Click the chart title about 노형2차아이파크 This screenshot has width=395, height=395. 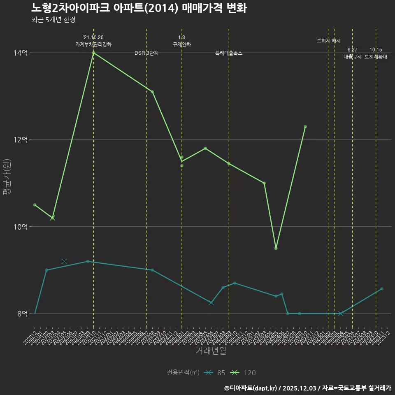139,8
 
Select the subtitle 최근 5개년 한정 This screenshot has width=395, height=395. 53,20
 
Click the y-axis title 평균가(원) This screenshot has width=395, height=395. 7,183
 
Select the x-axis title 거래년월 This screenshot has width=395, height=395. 211,351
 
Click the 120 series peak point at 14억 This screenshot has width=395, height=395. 93,53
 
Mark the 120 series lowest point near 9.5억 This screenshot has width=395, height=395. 276,248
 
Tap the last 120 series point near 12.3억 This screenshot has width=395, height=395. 305,127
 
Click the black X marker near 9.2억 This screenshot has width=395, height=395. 64,261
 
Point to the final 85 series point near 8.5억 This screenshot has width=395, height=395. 382,289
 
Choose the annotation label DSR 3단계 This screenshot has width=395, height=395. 146,53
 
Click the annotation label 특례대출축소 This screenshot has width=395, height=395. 229,53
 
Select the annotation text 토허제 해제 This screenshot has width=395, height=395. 329,41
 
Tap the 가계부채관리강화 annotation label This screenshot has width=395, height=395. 93,44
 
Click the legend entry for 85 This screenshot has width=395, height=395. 215,373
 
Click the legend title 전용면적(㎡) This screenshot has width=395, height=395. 183,373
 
